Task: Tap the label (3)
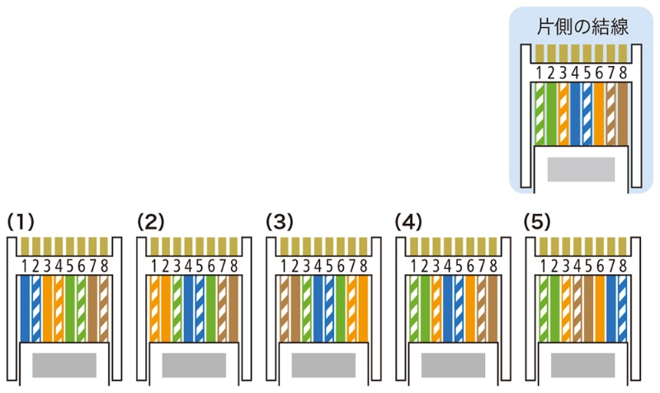tap(280, 221)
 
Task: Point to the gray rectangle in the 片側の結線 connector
tap(581, 168)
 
